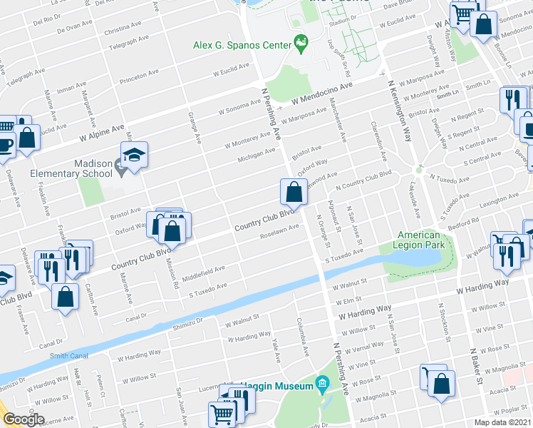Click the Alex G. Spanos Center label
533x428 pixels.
pyautogui.click(x=242, y=45)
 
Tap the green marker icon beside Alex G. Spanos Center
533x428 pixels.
pyautogui.click(x=301, y=44)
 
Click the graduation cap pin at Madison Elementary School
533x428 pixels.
pyautogui.click(x=132, y=155)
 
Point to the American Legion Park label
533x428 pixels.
pyautogui.click(x=418, y=240)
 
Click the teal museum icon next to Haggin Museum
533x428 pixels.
pyautogui.click(x=321, y=385)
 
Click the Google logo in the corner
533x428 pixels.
pyautogui.click(x=24, y=419)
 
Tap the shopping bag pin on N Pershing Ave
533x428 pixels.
pyautogui.click(x=294, y=192)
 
